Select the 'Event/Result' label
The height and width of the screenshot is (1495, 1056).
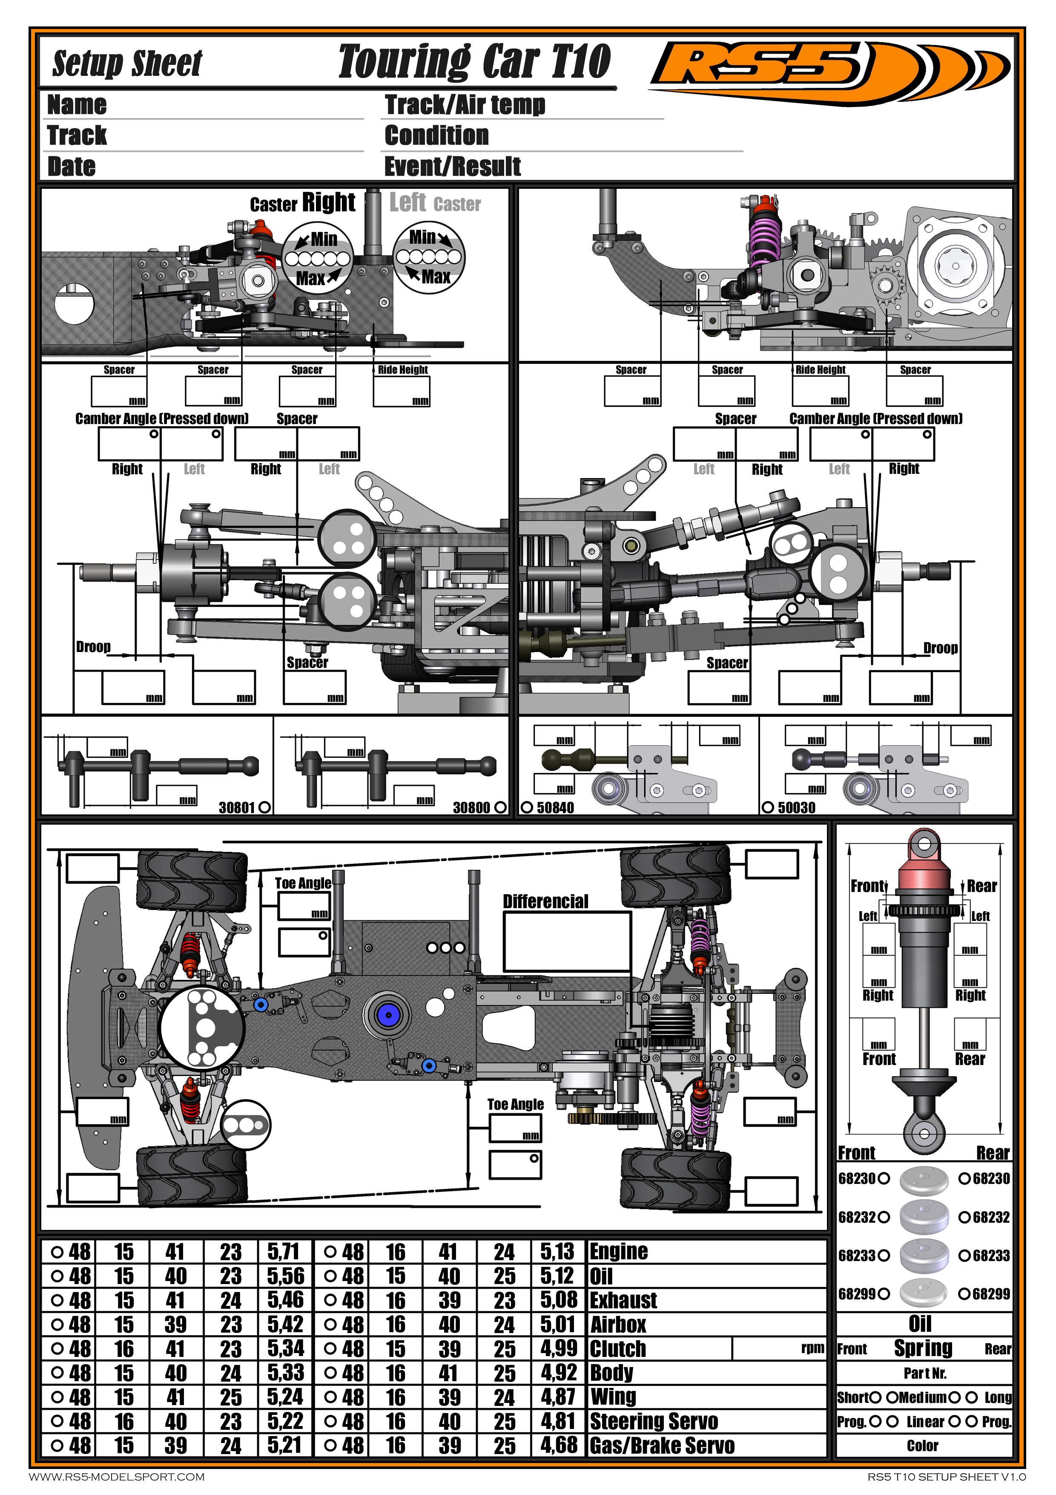point(452,167)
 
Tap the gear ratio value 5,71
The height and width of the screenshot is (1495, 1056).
point(284,1252)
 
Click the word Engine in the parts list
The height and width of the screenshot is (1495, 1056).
point(619,1252)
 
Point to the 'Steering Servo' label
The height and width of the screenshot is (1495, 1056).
point(654,1421)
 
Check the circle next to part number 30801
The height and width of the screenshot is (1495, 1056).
point(264,808)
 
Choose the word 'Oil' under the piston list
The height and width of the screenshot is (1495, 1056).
point(920,1324)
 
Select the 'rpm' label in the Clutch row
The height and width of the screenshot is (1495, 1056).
point(813,1348)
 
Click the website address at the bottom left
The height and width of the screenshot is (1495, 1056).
point(117,1477)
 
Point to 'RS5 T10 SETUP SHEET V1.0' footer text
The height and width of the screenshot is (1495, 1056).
point(947,1477)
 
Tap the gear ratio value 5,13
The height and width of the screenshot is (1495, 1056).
point(558,1252)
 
